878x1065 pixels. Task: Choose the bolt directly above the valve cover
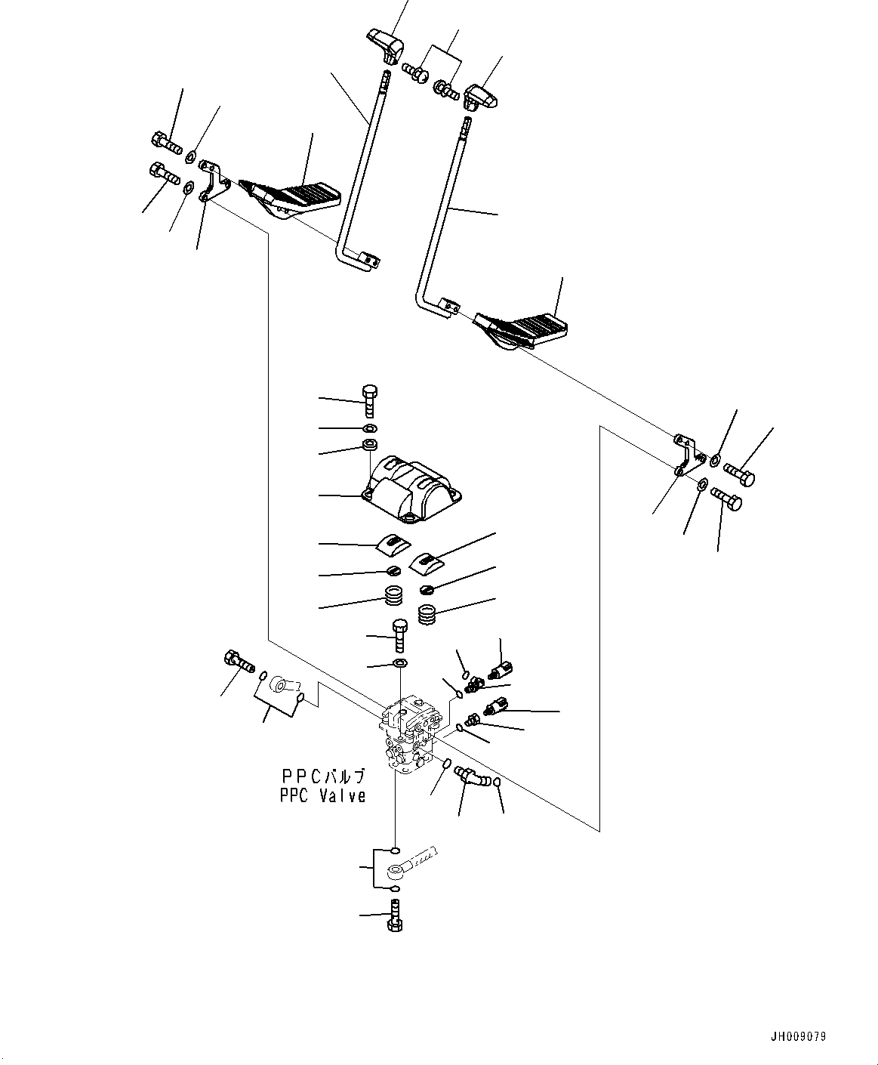[x=369, y=400]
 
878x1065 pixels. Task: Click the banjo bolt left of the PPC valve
[x=239, y=661]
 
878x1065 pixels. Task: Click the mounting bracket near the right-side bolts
[x=686, y=453]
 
